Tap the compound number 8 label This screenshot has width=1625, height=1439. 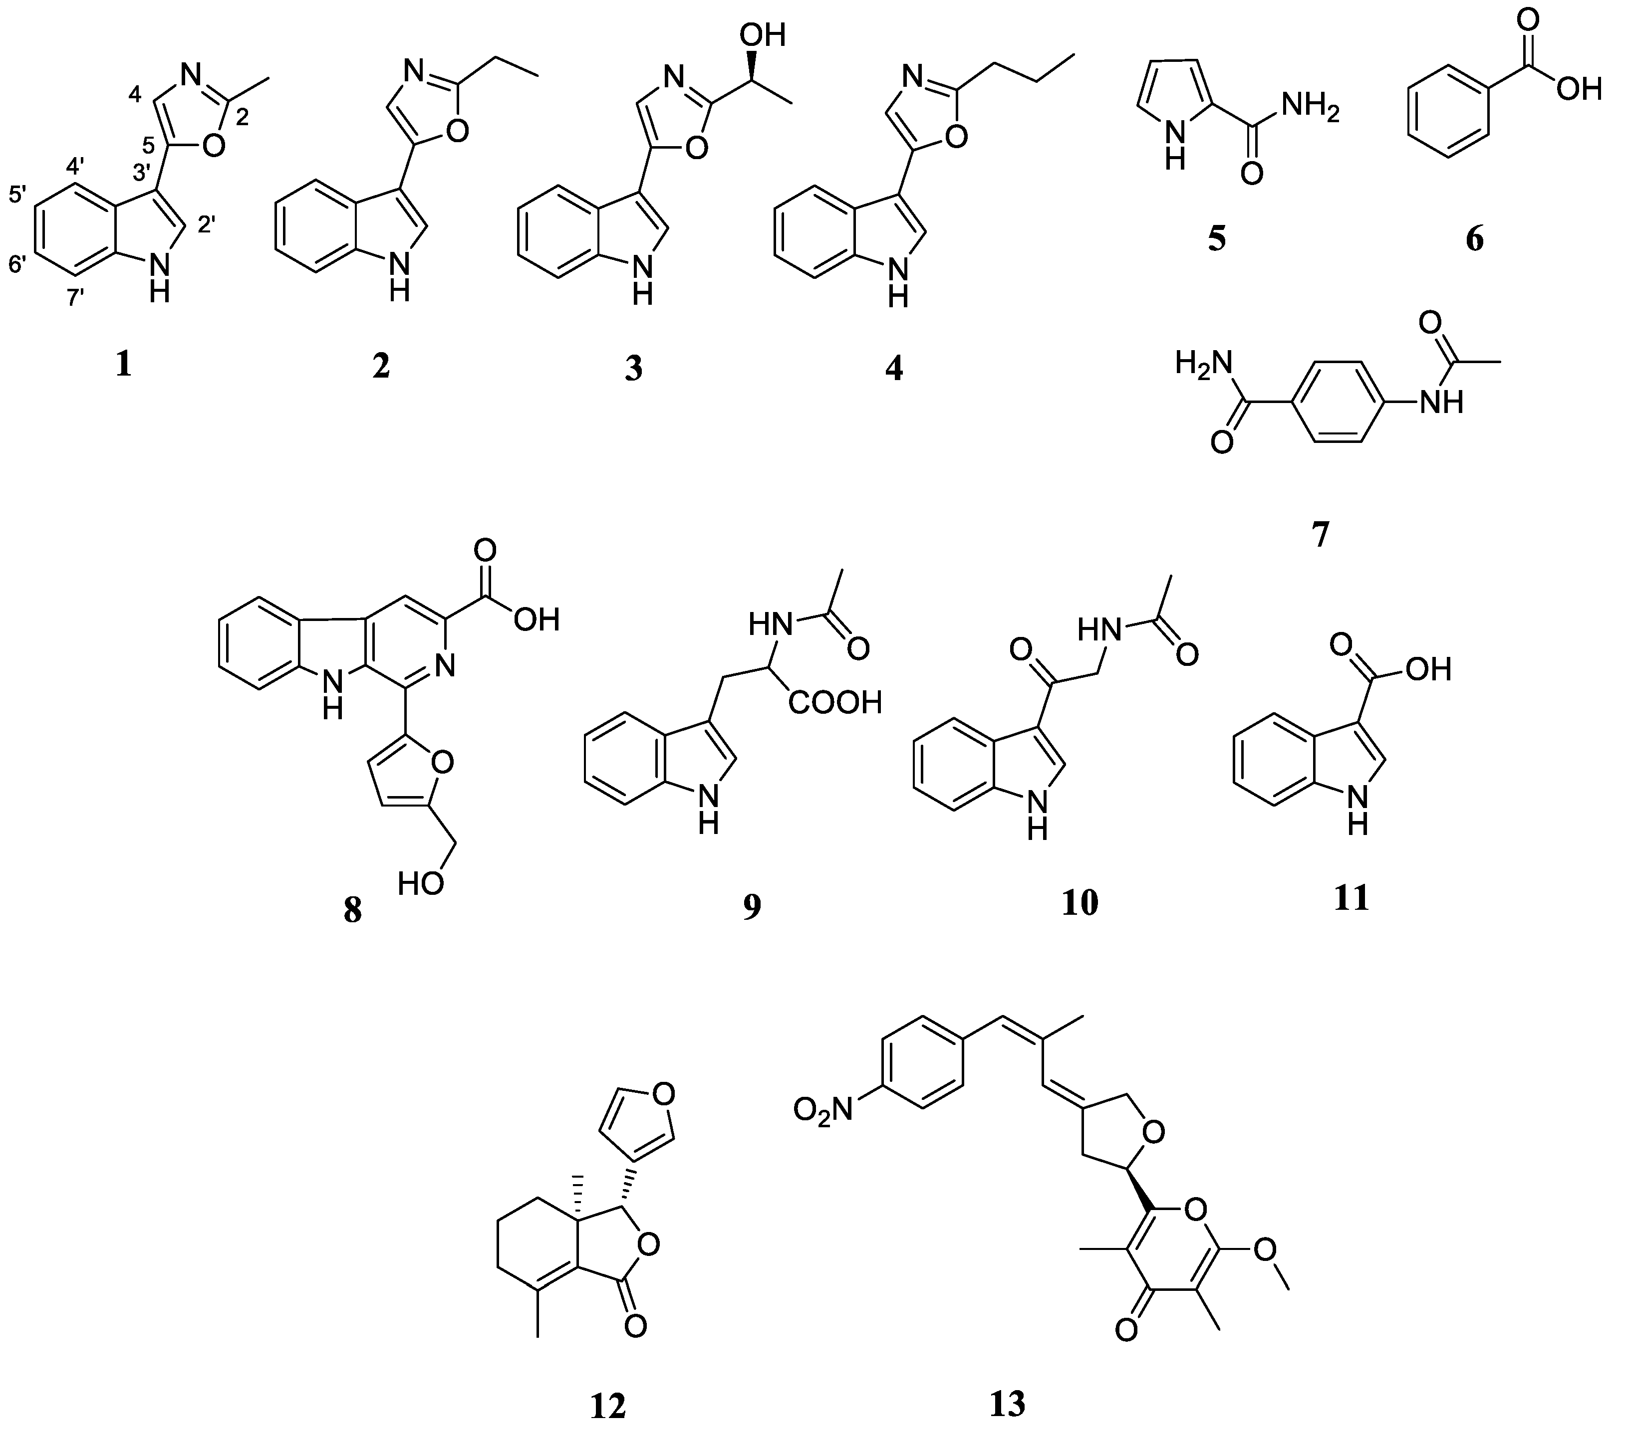coord(352,910)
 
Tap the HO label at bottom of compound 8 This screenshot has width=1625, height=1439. coord(421,883)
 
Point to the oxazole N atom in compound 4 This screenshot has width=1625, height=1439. coord(912,78)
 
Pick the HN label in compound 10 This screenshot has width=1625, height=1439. coord(1098,630)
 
